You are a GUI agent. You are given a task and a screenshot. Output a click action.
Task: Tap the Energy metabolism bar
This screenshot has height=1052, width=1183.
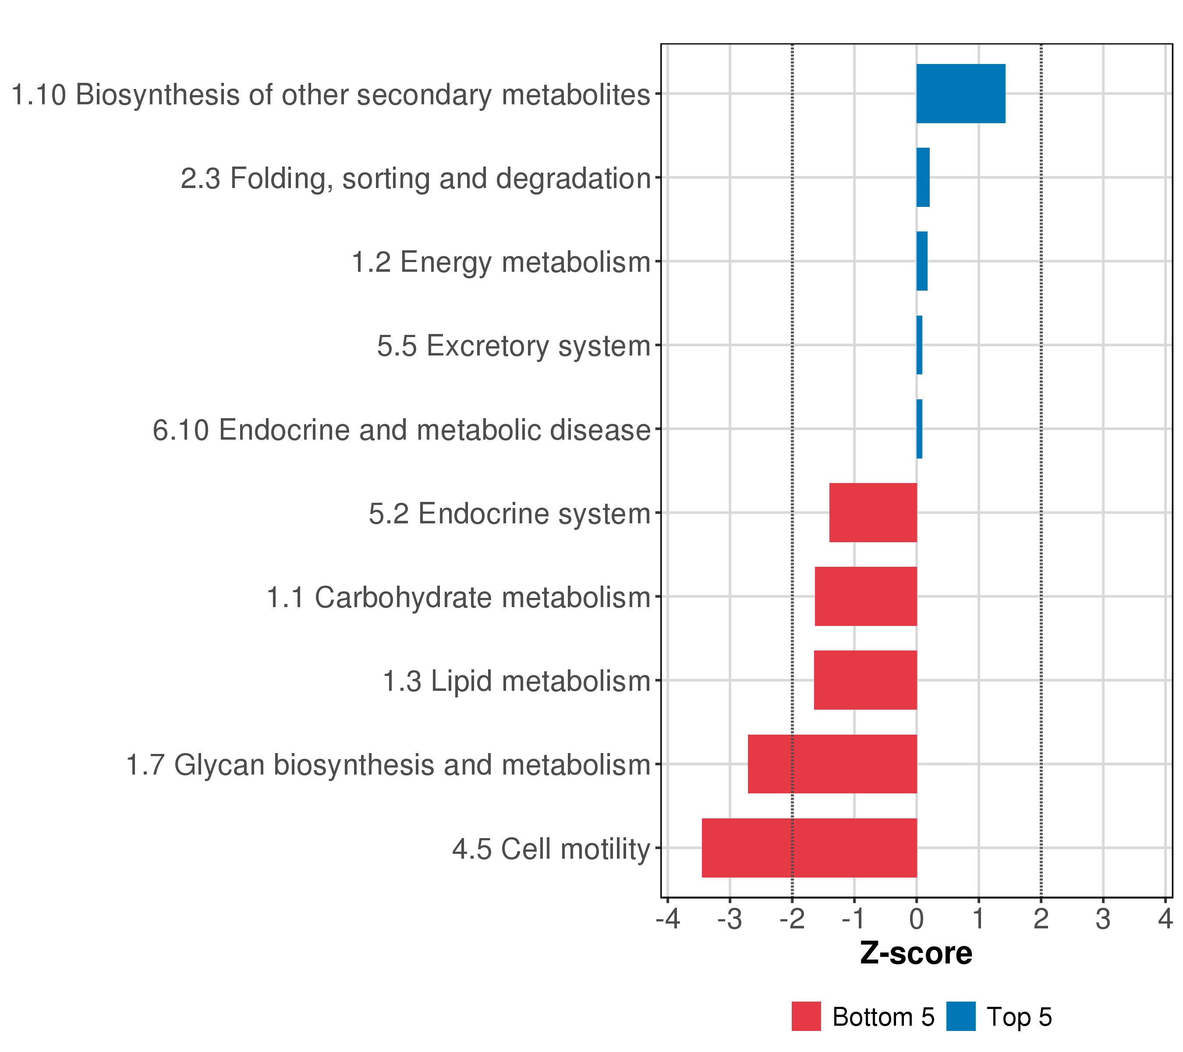click(x=921, y=261)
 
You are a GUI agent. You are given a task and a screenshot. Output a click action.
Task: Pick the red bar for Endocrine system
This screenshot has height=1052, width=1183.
click(x=873, y=513)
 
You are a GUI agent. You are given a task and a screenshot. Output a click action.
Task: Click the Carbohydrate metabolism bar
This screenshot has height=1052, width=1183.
click(x=865, y=596)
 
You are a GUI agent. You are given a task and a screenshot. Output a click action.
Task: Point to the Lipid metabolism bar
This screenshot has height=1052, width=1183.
click(x=865, y=680)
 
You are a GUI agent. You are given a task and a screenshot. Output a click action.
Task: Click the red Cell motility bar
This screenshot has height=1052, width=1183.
click(x=809, y=848)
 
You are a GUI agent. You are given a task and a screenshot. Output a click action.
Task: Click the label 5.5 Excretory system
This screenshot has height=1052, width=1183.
click(x=514, y=346)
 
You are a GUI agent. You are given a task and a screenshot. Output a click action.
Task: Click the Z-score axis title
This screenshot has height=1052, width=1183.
click(x=916, y=953)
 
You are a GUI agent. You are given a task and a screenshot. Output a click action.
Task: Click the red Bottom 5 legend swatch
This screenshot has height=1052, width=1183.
click(x=806, y=1016)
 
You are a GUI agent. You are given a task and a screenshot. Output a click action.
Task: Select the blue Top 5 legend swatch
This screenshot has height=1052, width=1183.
click(x=961, y=1016)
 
